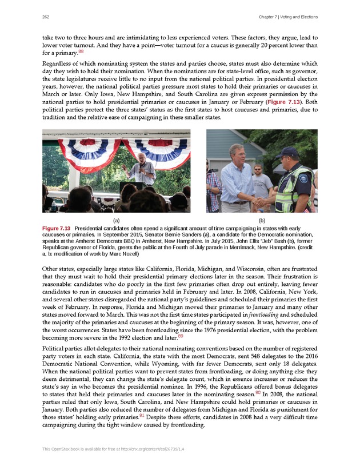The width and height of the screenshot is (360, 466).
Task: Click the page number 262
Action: pyautogui.click(x=45, y=17)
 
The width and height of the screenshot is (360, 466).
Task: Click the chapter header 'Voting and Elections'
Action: pyautogui.click(x=294, y=17)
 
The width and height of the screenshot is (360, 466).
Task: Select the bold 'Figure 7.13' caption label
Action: pyautogui.click(x=57, y=229)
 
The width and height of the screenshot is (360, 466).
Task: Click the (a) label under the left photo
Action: pyautogui.click(x=116, y=220)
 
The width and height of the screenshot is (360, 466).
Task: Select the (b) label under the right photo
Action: pyautogui.click(x=262, y=220)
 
